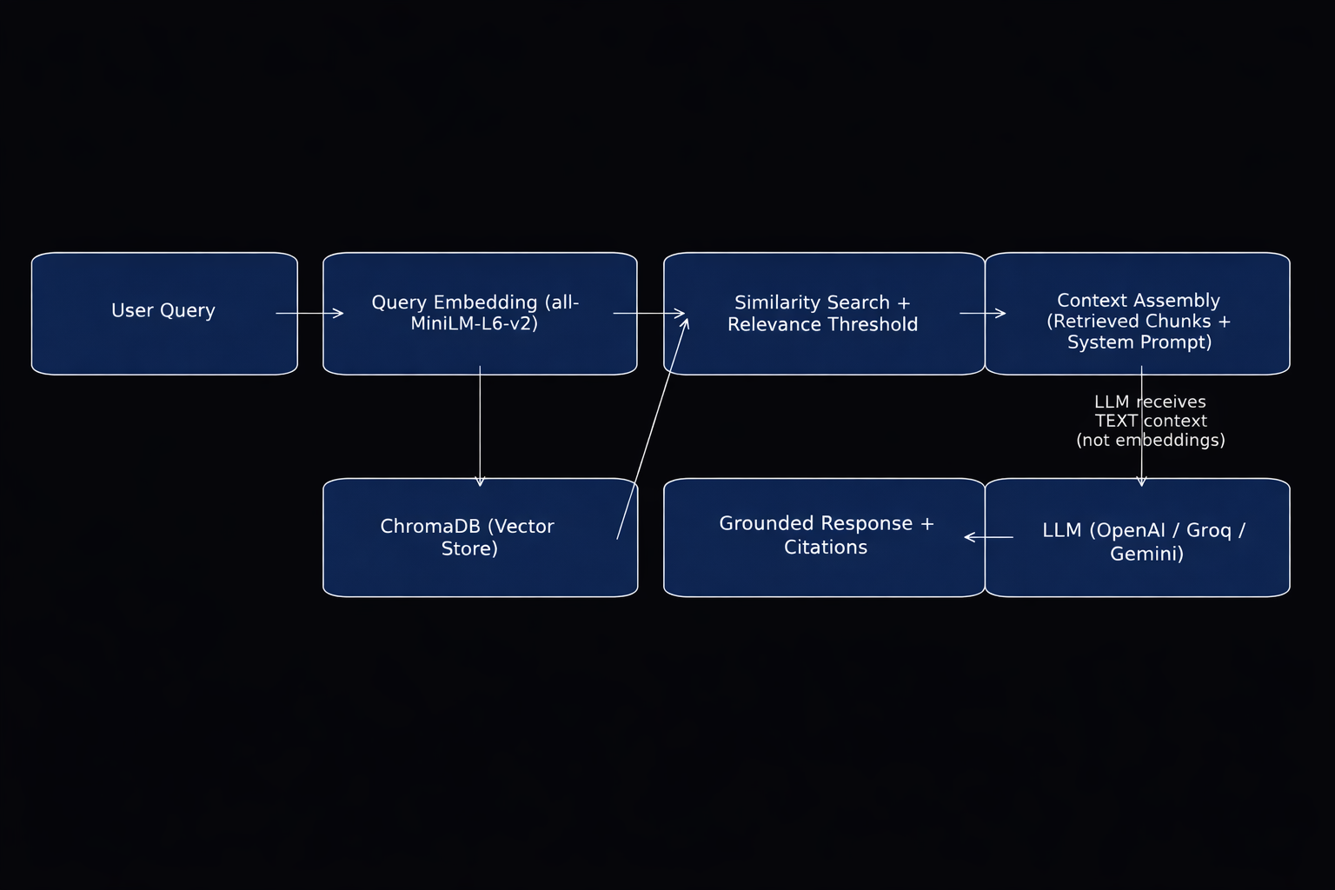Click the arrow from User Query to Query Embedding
(309, 313)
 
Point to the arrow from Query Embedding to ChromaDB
(480, 426)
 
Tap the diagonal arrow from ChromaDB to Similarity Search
(652, 429)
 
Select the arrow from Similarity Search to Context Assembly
(982, 313)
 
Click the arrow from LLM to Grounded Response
(989, 537)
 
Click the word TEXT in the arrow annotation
(1116, 422)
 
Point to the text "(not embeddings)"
(1151, 441)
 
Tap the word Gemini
(1146, 554)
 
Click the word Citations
(826, 548)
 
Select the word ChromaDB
(428, 527)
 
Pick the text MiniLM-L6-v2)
(474, 324)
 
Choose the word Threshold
(873, 325)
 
